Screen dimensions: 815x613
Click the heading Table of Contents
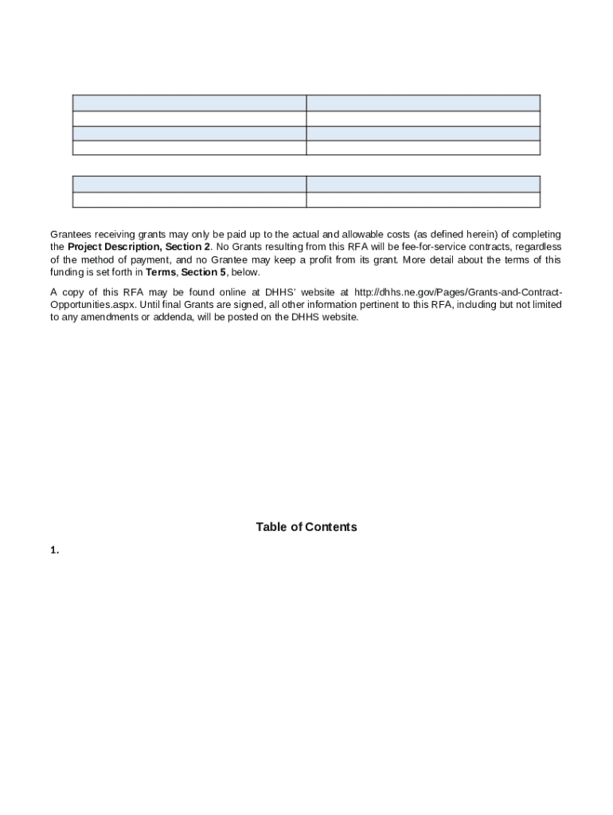point(306,527)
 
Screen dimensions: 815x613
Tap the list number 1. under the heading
point(55,550)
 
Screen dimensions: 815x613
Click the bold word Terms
point(162,273)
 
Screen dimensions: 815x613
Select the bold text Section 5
point(204,273)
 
